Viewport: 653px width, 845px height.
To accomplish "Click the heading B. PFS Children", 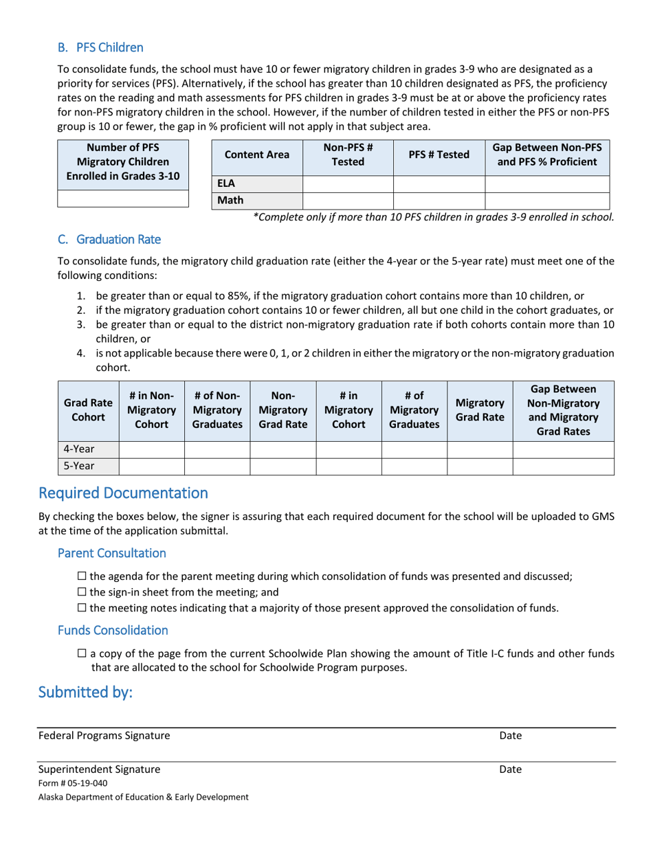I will [x=100, y=47].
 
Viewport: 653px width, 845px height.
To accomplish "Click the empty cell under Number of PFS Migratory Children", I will [x=122, y=199].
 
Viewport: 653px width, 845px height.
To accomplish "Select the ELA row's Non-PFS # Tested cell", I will [x=347, y=184].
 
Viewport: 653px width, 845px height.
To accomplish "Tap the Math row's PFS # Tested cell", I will [x=439, y=201].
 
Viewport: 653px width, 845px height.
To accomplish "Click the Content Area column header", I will [x=257, y=155].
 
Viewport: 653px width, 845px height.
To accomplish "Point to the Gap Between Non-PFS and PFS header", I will [x=548, y=155].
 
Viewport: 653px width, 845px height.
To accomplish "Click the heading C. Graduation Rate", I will [x=109, y=239].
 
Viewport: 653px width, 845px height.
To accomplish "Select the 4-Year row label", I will [x=79, y=449].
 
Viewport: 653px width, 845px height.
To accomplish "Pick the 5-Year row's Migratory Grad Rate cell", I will [x=480, y=466].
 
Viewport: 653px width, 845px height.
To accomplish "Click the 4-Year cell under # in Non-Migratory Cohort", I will [x=151, y=449].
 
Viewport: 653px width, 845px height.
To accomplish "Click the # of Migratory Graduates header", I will [x=414, y=410].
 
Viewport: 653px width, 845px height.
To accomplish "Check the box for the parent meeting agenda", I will [x=82, y=576].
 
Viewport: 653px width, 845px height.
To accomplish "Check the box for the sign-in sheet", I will [x=82, y=592].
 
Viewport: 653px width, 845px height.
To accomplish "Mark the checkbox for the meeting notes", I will [x=82, y=608].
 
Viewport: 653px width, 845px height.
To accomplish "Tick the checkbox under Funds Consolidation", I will [x=82, y=654].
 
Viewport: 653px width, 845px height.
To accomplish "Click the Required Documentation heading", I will [x=123, y=493].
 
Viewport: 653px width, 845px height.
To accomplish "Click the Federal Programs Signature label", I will [x=104, y=736].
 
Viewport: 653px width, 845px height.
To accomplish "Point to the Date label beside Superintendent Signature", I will [x=510, y=769].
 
